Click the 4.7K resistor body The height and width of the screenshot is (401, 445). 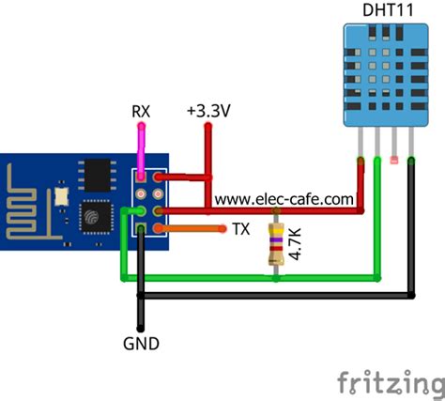tap(275, 244)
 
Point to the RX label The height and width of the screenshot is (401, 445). tap(140, 112)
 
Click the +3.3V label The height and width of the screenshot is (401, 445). tap(208, 111)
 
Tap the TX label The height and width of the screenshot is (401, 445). tap(239, 229)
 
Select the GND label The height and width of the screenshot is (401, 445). tap(140, 344)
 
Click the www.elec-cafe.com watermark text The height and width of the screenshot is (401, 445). tap(285, 198)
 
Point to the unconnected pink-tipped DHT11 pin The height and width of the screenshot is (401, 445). tap(393, 150)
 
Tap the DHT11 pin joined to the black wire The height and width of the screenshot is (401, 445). tap(411, 150)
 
